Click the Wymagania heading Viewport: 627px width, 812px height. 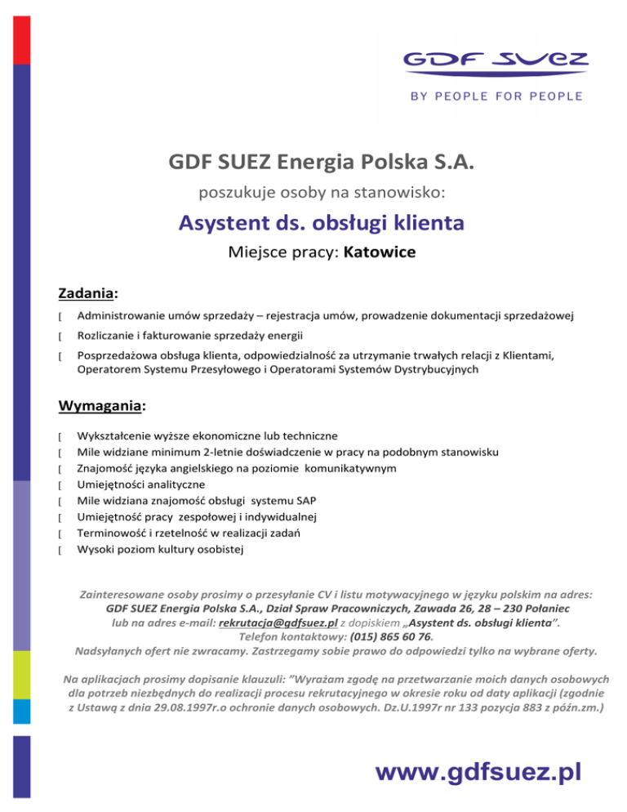[x=96, y=404]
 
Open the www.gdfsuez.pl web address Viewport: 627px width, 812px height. [x=477, y=771]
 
